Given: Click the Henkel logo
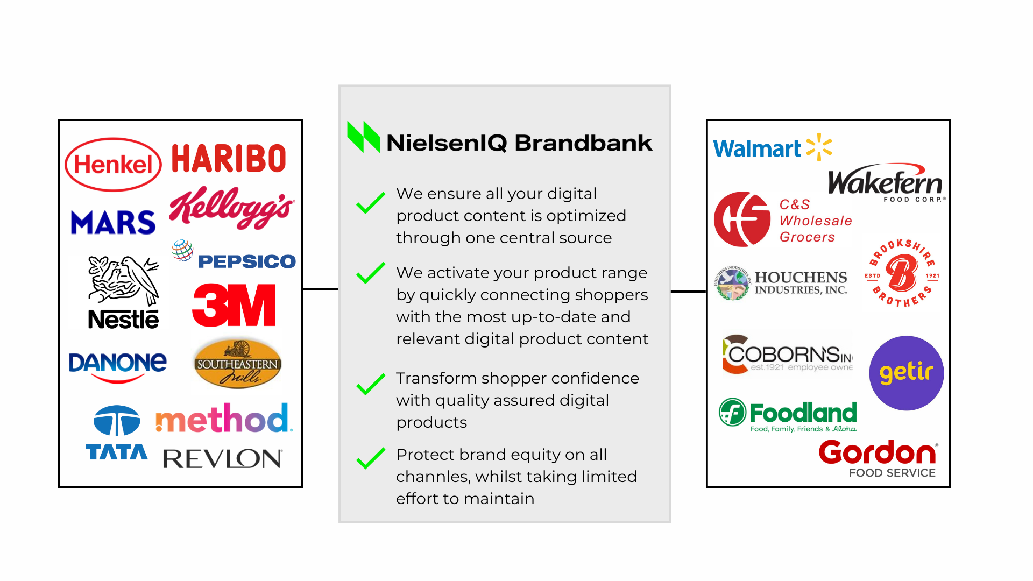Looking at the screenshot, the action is coord(113,165).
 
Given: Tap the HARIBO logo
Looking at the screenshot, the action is coord(229,158).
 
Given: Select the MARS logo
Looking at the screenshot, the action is coord(113,222).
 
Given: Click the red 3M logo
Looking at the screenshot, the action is coord(234,305).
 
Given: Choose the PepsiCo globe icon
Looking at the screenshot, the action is coord(182,251).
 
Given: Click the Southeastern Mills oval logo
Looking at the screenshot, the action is coord(237,363).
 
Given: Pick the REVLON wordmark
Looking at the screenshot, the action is coord(222,458).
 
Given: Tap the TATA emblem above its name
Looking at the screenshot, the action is coord(117,420).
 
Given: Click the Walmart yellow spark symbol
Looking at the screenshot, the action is coord(819,147).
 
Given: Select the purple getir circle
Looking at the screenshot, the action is coord(907,373).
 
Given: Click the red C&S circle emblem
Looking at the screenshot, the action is coord(742,219).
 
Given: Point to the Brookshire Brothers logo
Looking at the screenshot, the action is coord(902,273).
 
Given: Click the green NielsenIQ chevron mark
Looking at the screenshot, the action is coord(364,137).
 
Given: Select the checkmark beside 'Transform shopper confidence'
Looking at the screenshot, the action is coord(371,384).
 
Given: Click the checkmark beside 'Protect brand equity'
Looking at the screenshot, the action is coord(371,458).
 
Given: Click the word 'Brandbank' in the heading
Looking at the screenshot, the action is coord(583,143).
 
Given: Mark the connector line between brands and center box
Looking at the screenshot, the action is coord(321,289).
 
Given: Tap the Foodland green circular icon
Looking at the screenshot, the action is coord(733,412).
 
